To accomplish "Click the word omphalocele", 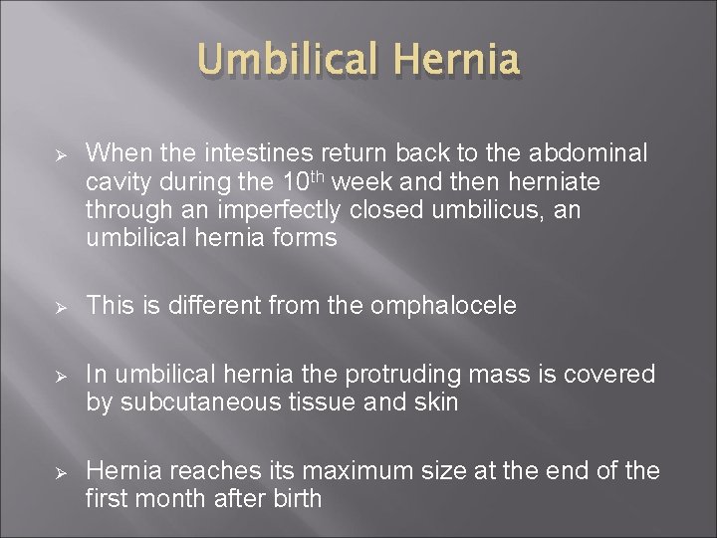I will pos(443,306).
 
